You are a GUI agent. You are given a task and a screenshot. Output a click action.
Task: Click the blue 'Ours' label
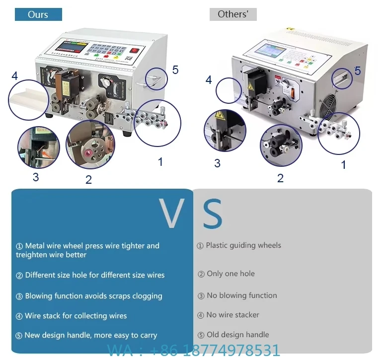[x=38, y=14]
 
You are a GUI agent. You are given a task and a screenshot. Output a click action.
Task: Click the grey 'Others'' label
[x=233, y=14]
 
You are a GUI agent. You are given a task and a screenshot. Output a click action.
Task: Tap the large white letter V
[x=172, y=214]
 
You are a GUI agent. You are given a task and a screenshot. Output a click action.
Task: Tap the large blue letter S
[x=213, y=214]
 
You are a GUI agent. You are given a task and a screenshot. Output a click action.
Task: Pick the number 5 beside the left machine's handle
[x=175, y=70]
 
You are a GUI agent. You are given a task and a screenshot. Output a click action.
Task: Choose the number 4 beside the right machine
[x=209, y=80]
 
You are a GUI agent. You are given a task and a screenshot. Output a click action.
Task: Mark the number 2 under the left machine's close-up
[x=88, y=180]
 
